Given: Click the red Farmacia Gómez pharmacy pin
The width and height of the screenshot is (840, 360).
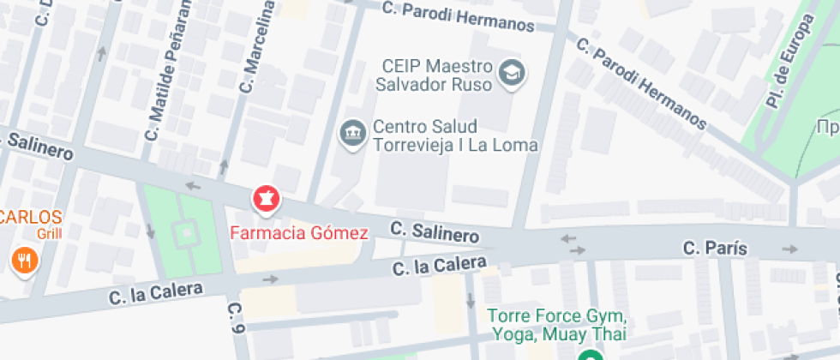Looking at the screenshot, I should point(267,200).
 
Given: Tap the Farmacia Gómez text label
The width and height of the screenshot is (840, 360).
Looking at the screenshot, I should point(299,232).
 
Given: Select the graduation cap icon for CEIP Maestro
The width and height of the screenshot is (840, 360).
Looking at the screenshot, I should point(513,74).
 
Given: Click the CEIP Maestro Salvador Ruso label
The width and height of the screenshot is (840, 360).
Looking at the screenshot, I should point(436,75).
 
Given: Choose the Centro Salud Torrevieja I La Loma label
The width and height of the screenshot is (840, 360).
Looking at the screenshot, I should point(454,135).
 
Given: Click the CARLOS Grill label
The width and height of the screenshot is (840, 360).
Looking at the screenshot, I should point(32,223).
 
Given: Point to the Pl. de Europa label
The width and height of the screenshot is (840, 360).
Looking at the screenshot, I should point(788,65).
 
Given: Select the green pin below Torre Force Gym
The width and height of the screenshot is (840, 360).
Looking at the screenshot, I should point(589,355).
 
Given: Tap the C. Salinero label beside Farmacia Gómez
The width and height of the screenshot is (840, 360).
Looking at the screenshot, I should point(435,231).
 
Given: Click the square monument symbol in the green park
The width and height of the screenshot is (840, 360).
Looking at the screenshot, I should point(185,231).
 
